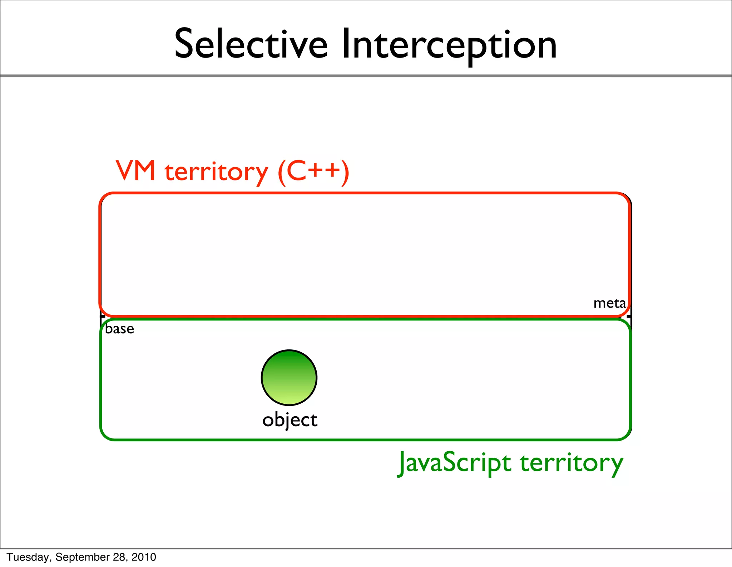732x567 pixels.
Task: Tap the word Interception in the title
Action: pos(449,45)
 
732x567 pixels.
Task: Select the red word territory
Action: pos(216,172)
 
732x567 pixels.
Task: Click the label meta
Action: pos(609,303)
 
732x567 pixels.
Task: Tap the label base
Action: pos(119,329)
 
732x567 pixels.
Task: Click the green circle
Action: pos(289,378)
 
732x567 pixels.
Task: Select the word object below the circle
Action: pos(290,420)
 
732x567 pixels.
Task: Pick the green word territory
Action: pos(572,463)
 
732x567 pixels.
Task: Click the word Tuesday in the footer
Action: pos(30,557)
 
